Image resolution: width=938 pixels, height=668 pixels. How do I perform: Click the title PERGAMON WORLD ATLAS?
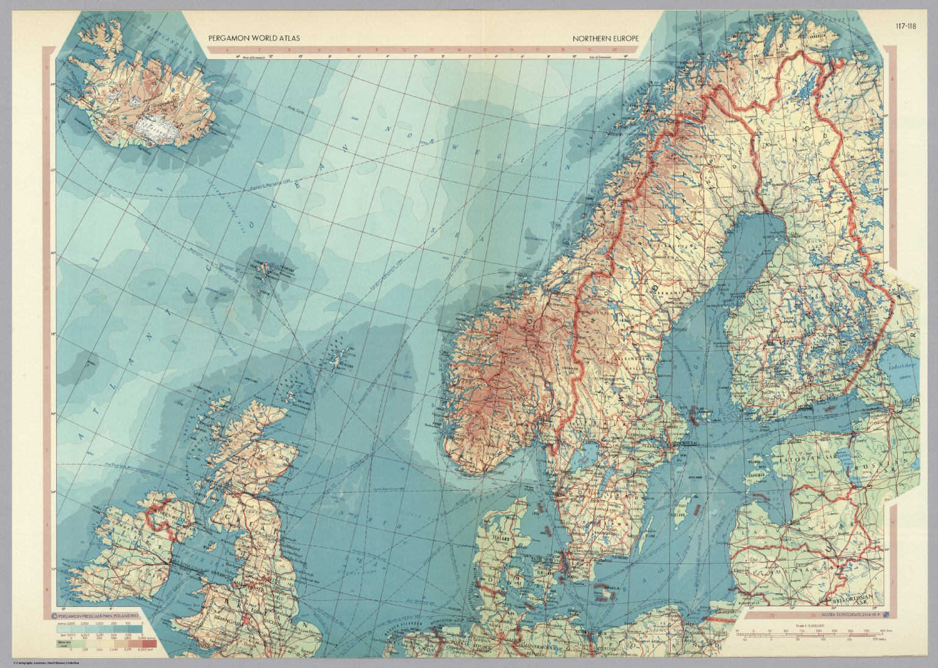point(254,39)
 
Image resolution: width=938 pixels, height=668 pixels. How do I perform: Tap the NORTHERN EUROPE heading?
point(605,39)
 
